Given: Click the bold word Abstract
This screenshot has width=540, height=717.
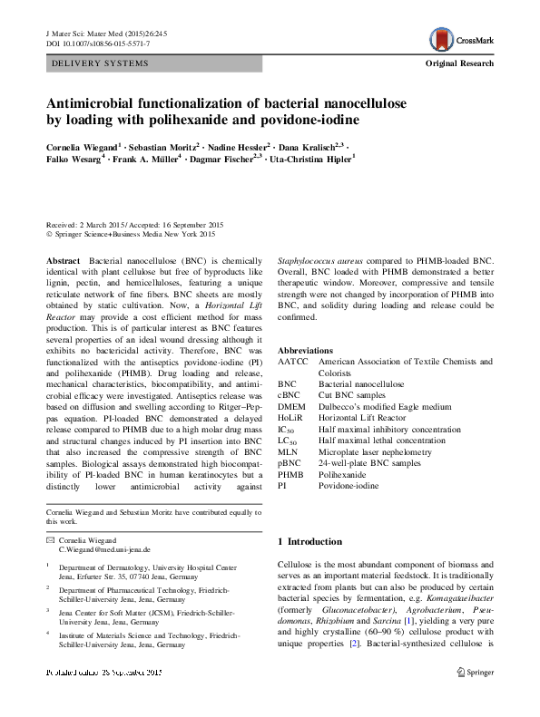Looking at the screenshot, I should pos(62,259).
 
